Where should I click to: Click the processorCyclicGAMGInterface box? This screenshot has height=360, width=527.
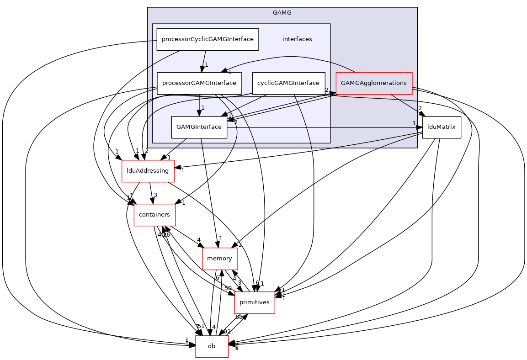coord(208,39)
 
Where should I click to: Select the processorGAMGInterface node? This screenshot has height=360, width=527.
coord(199,83)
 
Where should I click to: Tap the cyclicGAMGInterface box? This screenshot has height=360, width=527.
coord(288,83)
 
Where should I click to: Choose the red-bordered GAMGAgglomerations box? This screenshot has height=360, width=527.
coord(374,83)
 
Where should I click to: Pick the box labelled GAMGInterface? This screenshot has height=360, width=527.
coord(199,127)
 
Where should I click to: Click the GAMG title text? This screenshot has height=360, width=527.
coord(282,13)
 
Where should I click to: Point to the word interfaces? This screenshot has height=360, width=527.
coord(297,39)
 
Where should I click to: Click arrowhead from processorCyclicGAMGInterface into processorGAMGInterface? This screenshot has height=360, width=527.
coord(202,69)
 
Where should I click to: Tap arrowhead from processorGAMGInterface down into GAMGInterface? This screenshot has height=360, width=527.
coord(199,113)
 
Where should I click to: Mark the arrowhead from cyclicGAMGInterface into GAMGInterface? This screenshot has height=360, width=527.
coord(224,114)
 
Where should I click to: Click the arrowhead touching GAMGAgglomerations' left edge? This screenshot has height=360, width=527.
coord(332,93)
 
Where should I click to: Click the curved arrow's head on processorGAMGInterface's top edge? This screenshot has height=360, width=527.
coord(224,70)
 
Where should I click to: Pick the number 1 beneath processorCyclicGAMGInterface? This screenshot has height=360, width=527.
coord(207,65)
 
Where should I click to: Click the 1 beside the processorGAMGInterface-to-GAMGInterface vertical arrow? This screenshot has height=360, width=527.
coord(203,108)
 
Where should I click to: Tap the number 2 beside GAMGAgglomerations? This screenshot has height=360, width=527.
coord(327,90)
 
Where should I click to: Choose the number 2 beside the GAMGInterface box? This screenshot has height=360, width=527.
coord(236,122)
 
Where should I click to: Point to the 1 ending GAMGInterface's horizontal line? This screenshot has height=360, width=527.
coord(414,123)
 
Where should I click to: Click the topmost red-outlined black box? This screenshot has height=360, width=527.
coord(148,171)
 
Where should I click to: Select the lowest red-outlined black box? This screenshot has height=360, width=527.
coord(212,347)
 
